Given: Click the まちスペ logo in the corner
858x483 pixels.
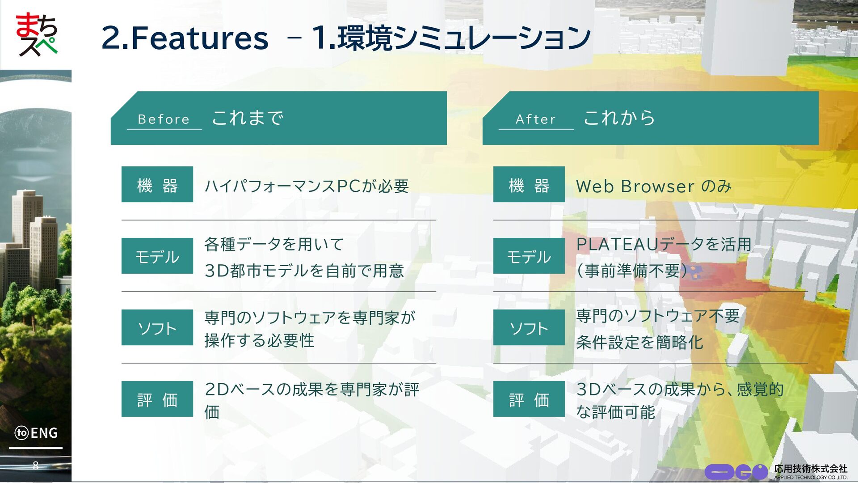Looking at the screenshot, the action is pyautogui.click(x=37, y=34).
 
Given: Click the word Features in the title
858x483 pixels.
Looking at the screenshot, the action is pyautogui.click(x=199, y=38).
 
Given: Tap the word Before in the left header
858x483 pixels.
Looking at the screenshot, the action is pyautogui.click(x=164, y=119).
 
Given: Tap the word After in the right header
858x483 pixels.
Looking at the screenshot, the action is pyautogui.click(x=535, y=119).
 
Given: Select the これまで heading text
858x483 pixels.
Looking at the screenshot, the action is pyautogui.click(x=248, y=118).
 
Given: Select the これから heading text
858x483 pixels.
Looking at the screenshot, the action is pyautogui.click(x=619, y=118).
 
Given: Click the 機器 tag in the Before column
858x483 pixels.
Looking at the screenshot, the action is pyautogui.click(x=157, y=184).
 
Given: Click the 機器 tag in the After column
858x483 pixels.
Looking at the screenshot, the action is pyautogui.click(x=529, y=184).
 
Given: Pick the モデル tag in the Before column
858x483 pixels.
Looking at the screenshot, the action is pyautogui.click(x=157, y=256).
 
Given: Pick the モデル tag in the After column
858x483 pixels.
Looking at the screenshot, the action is pyautogui.click(x=529, y=256).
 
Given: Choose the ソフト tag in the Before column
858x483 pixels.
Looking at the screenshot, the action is pyautogui.click(x=157, y=327).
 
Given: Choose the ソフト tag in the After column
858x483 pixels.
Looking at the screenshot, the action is pyautogui.click(x=529, y=327).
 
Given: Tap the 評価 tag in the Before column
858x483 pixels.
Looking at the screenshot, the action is pyautogui.click(x=157, y=399).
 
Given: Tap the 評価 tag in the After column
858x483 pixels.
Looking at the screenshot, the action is pyautogui.click(x=529, y=399).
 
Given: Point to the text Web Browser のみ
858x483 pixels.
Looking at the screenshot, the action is pyautogui.click(x=654, y=186).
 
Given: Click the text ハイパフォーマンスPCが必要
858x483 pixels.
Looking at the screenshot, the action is pyautogui.click(x=307, y=186).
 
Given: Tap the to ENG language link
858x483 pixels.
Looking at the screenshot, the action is pyautogui.click(x=36, y=433).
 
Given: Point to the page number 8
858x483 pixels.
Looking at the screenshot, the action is pyautogui.click(x=35, y=466).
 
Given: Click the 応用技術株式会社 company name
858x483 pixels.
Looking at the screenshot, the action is pyautogui.click(x=811, y=468).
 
